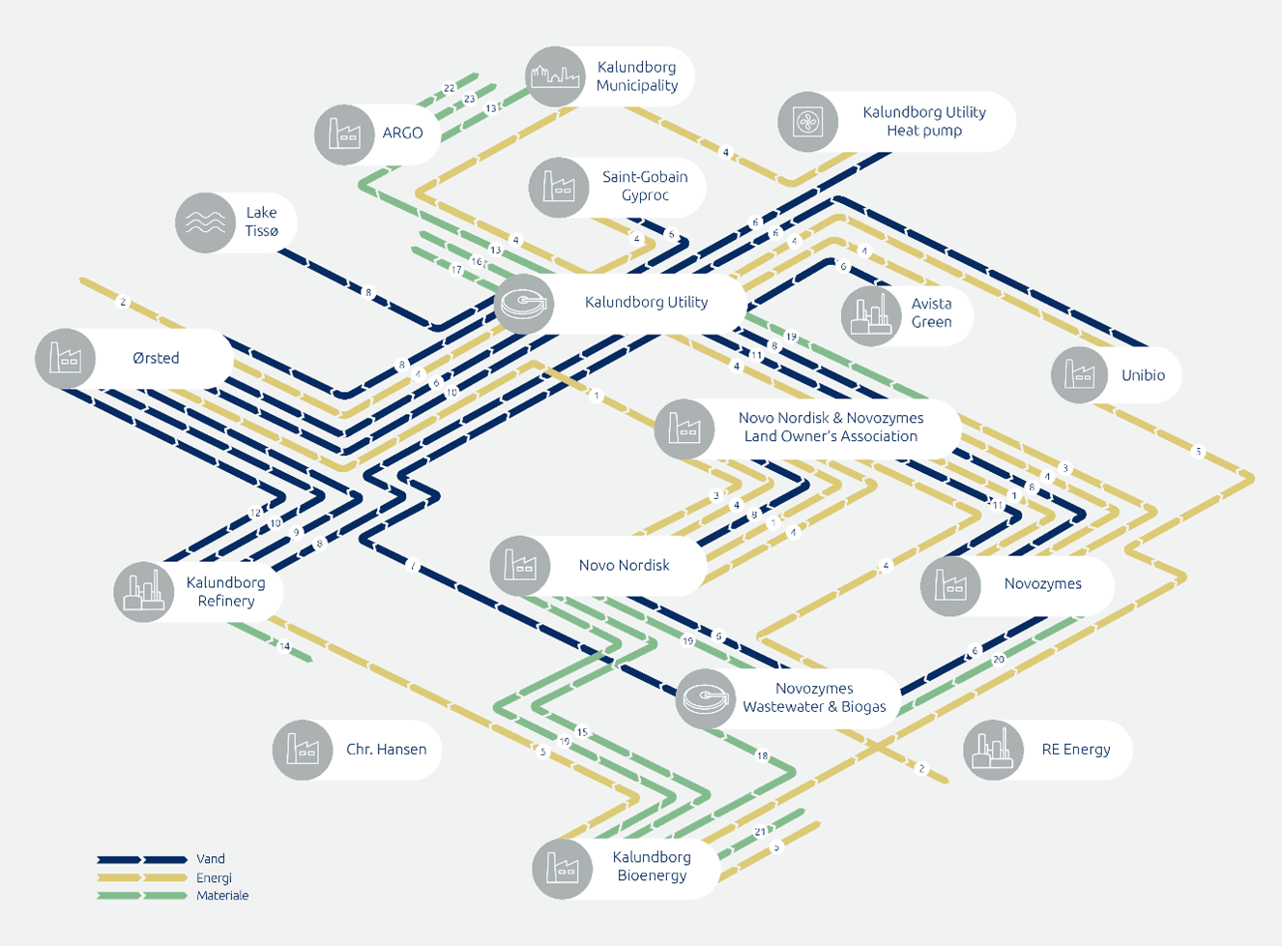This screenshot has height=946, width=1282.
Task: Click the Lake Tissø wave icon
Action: pyautogui.click(x=205, y=222)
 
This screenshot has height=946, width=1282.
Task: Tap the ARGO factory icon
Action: pyautogui.click(x=344, y=133)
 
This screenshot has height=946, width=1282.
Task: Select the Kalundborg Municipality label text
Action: pyautogui.click(x=636, y=76)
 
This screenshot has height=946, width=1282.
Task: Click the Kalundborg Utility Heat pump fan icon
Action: pyautogui.click(x=807, y=122)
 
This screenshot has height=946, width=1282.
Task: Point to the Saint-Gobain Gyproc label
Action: pyautogui.click(x=645, y=186)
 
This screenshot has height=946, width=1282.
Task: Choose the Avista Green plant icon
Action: pyautogui.click(x=870, y=315)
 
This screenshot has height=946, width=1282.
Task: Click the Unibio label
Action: pyautogui.click(x=1143, y=375)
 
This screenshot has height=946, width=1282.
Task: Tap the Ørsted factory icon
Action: pyautogui.click(x=65, y=358)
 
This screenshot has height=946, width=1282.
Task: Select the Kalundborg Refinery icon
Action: pyautogui.click(x=143, y=591)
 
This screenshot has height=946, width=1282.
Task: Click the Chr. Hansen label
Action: pyautogui.click(x=386, y=750)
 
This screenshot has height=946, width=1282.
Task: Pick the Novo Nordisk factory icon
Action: pyautogui.click(x=520, y=565)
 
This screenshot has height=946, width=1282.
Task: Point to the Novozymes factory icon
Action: pyautogui.click(x=949, y=584)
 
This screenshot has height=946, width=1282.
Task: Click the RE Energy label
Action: pyautogui.click(x=1075, y=750)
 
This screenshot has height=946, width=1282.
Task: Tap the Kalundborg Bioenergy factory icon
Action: pyautogui.click(x=562, y=867)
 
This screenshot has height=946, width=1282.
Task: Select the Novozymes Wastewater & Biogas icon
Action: pyautogui.click(x=706, y=697)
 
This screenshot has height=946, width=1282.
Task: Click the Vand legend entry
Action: pyautogui.click(x=210, y=859)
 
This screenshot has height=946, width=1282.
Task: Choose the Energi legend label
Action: pyautogui.click(x=214, y=878)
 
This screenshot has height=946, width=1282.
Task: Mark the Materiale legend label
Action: pyautogui.click(x=222, y=896)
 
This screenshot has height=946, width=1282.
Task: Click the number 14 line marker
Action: pyautogui.click(x=284, y=646)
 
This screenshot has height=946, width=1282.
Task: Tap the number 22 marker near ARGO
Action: pyautogui.click(x=450, y=88)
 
